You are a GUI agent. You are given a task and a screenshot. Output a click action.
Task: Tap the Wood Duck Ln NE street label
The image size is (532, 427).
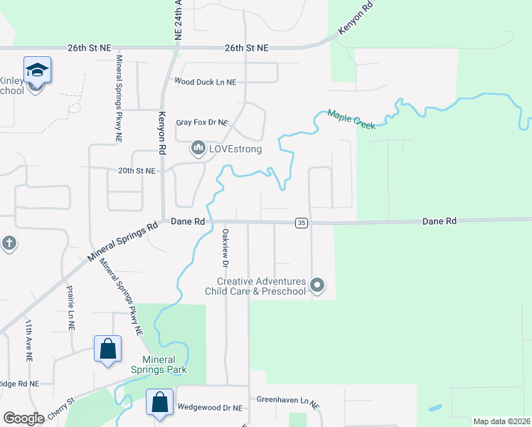(x=205, y=83)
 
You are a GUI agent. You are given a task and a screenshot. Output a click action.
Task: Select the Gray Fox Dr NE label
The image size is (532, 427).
(x=201, y=122)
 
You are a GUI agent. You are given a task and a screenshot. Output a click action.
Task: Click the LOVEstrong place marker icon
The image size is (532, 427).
(x=197, y=149)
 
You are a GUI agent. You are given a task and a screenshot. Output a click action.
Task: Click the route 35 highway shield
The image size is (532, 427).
(x=301, y=223)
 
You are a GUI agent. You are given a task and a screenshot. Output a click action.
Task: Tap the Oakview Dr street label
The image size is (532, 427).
(x=225, y=248)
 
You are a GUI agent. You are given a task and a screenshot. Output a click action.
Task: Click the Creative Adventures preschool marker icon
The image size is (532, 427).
(x=318, y=286)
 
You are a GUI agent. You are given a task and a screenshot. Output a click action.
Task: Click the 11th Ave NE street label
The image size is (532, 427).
(x=30, y=337)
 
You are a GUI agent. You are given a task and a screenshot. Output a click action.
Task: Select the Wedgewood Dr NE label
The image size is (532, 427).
(x=209, y=407)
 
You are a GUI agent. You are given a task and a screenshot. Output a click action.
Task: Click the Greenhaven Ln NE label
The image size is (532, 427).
(x=288, y=402)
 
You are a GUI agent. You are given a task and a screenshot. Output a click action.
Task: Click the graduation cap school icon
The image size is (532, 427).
(x=37, y=70)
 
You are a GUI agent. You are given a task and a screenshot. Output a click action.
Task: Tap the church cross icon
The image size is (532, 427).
(x=9, y=243)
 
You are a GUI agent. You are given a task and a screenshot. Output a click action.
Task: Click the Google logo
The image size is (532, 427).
(x=23, y=418)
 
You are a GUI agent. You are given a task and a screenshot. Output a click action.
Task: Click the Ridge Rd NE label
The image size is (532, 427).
(x=19, y=384)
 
